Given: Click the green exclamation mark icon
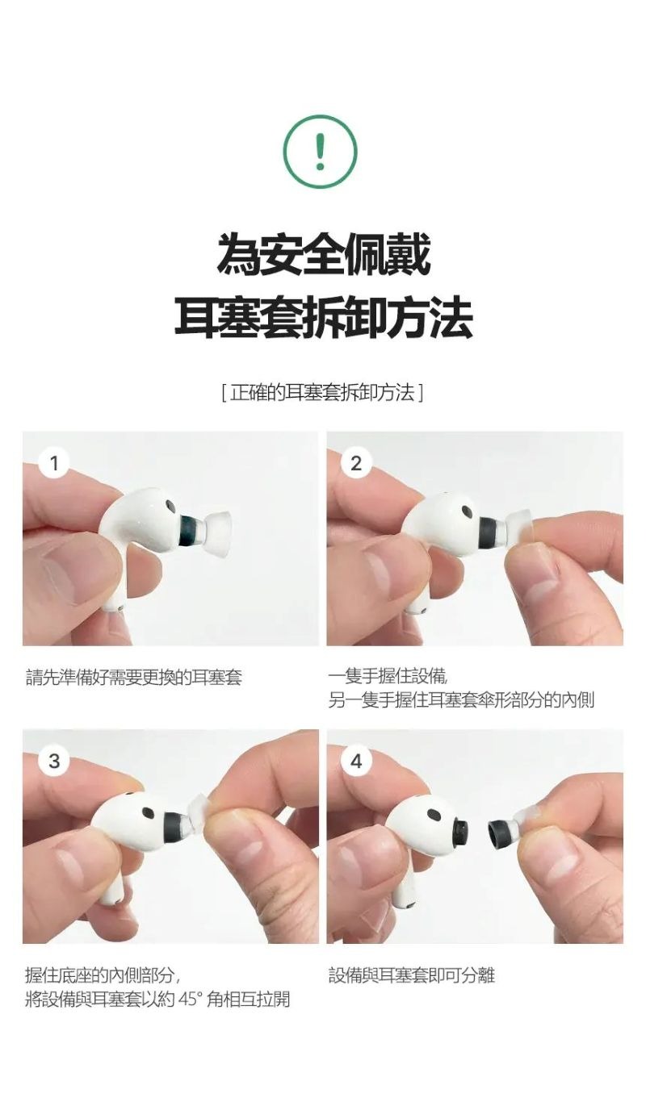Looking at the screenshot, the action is tap(320, 150).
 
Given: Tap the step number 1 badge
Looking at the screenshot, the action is tap(54, 464).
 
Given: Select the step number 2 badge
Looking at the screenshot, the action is tap(356, 464).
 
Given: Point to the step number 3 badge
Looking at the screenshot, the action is tap(54, 761).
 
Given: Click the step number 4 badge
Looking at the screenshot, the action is tap(356, 761).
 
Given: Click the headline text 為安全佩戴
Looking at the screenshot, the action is tap(324, 254).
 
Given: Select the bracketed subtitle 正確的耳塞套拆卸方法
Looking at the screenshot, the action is tap(322, 393).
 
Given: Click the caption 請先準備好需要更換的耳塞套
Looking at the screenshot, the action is tap(133, 677).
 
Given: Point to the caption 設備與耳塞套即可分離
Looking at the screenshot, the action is tap(411, 975).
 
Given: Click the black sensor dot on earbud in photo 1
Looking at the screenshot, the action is tap(171, 506).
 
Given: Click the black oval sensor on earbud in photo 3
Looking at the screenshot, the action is tap(149, 811).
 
